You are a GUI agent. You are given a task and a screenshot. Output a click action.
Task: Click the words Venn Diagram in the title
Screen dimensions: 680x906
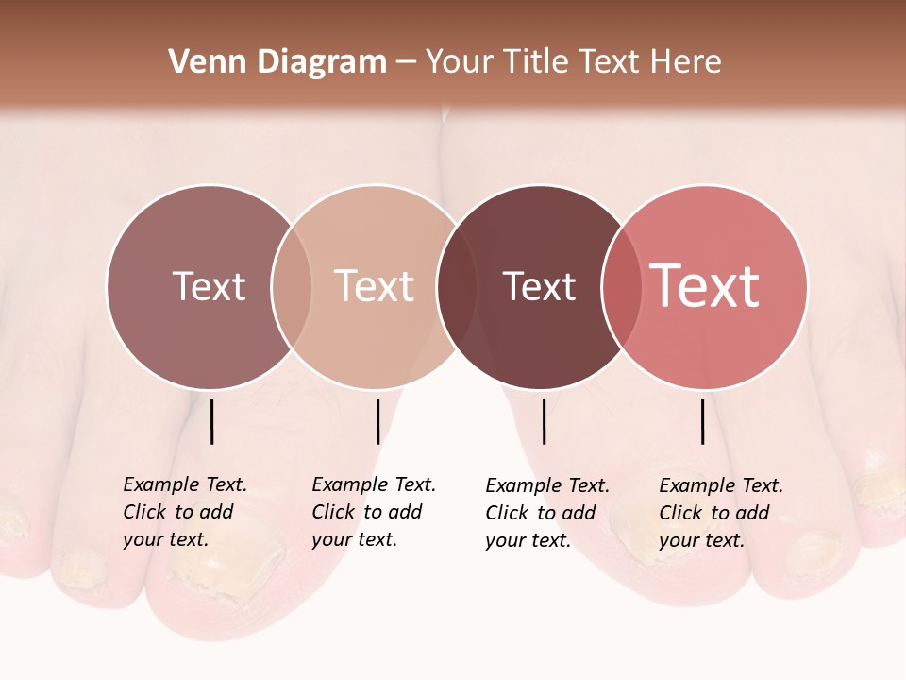(277, 62)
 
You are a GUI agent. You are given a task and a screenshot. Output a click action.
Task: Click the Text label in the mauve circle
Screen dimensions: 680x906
(209, 287)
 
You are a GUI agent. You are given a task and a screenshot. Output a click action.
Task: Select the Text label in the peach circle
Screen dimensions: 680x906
(374, 287)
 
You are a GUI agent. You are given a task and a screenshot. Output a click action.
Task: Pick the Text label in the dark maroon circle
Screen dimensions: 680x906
(539, 287)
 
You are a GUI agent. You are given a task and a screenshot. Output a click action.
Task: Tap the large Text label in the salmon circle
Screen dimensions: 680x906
(705, 286)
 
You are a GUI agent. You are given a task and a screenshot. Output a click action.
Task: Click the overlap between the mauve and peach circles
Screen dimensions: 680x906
(292, 287)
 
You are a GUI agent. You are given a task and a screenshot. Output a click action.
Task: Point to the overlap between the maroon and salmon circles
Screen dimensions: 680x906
(622, 287)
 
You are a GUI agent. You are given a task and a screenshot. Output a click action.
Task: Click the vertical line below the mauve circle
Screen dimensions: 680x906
(211, 421)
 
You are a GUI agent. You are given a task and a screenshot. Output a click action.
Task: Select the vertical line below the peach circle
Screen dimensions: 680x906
(377, 421)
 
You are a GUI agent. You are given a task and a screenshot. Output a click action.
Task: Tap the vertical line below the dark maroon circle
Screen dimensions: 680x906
(544, 421)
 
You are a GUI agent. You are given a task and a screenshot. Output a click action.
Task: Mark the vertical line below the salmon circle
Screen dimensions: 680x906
(703, 421)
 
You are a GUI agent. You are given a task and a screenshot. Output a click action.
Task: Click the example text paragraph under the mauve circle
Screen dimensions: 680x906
(184, 512)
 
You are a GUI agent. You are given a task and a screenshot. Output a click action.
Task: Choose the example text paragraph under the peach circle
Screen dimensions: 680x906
(373, 512)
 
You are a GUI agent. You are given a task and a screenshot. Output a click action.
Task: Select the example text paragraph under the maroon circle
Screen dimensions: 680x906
(546, 513)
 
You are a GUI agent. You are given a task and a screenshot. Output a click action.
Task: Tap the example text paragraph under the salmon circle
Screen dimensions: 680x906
(720, 513)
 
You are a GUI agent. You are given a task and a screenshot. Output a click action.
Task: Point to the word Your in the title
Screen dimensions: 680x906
(460, 62)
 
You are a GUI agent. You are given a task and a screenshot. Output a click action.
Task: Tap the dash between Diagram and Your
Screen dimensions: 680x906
(406, 63)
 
